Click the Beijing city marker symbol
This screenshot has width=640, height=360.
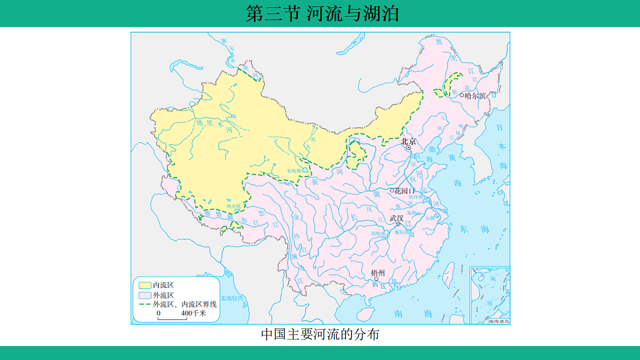(409, 148)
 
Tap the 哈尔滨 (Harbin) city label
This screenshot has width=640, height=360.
(476, 95)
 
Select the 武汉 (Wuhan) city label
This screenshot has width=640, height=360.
(396, 218)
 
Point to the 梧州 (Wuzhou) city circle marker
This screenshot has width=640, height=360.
(377, 278)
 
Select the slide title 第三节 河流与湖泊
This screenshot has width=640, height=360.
(322, 13)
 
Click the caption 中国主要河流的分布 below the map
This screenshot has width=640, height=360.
(320, 334)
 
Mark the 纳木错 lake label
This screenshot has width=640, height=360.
(234, 205)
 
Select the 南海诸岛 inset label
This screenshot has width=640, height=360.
(498, 321)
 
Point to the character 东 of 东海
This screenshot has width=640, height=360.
(463, 228)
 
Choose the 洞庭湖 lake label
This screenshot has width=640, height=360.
(377, 233)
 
